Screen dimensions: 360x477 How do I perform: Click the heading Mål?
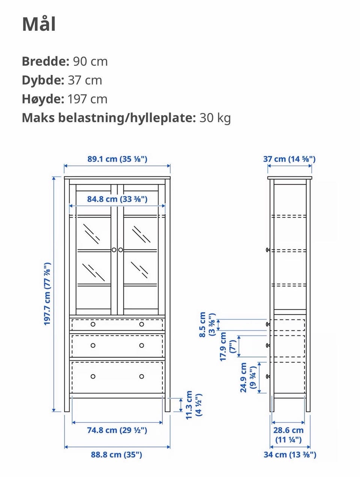pyautogui.click(x=39, y=24)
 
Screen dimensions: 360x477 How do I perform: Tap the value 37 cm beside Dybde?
pyautogui.click(x=85, y=80)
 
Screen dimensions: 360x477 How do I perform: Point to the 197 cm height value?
pyautogui.click(x=87, y=99)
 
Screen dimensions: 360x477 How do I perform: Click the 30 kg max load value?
pyautogui.click(x=215, y=118)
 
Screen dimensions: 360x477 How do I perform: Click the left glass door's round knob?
pyautogui.click(x=114, y=250)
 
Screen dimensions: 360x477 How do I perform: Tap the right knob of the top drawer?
pyautogui.click(x=142, y=324)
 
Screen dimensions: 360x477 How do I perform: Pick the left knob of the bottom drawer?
pyautogui.click(x=93, y=376)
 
